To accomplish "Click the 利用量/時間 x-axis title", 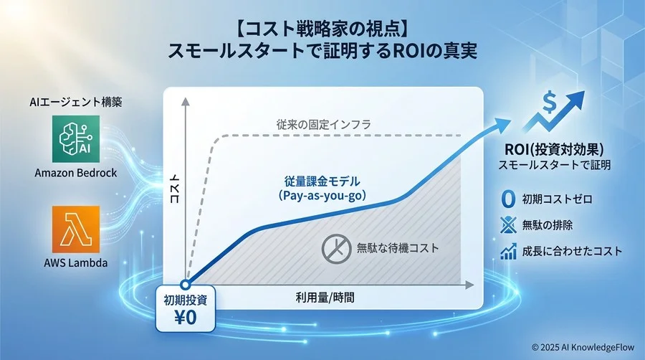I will (x=325, y=295).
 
